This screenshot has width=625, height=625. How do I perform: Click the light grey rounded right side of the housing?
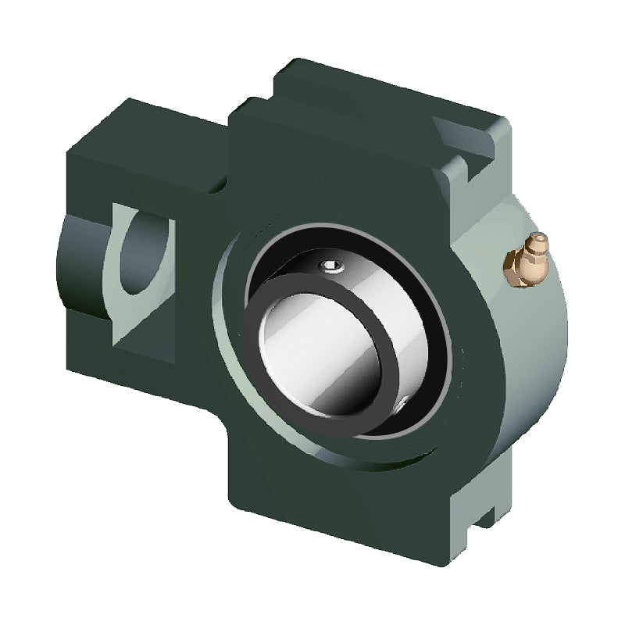pos(531,344)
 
